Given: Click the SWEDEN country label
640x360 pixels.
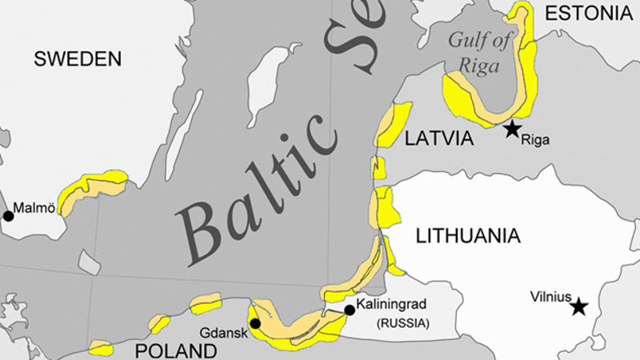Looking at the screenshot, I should [x=78, y=58].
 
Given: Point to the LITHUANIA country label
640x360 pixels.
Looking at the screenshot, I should [x=468, y=235].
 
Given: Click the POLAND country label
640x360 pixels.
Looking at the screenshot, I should [x=174, y=350].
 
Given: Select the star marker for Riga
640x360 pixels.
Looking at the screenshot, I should [x=512, y=128].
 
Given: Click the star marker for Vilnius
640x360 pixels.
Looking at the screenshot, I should [x=578, y=306].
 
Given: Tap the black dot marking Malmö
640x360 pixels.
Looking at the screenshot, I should [x=8, y=216].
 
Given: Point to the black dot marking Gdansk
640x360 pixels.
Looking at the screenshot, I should [x=254, y=323].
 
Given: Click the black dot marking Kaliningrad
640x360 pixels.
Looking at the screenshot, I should [x=349, y=310].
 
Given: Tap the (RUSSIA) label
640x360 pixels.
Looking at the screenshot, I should [x=402, y=324].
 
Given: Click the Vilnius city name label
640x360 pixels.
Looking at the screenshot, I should [x=550, y=296].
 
